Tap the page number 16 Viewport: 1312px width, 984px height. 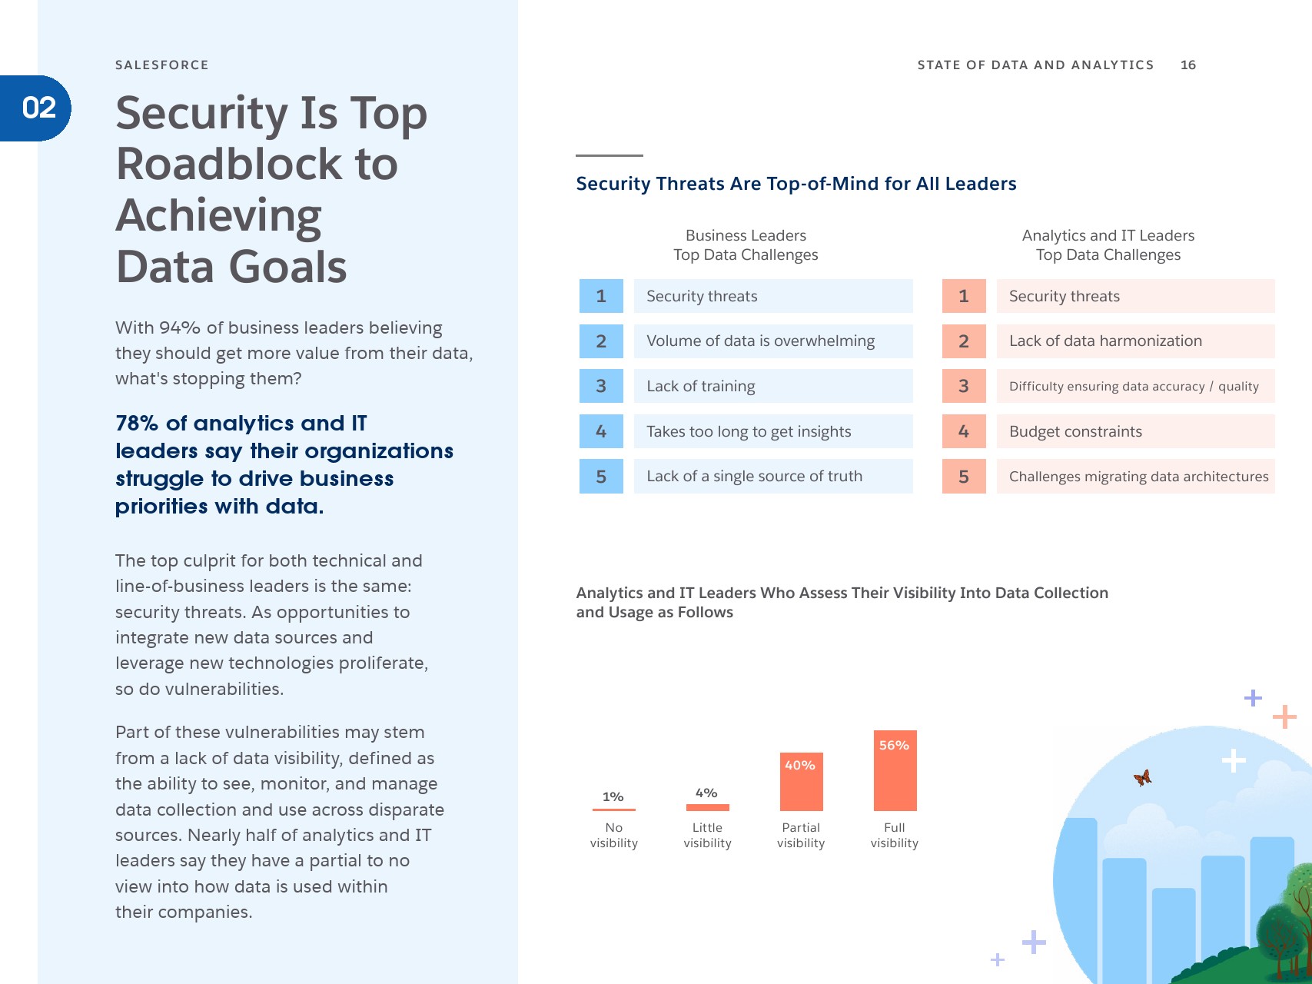(1187, 65)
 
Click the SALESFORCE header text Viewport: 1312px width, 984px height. (161, 65)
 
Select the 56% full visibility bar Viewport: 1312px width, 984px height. (895, 770)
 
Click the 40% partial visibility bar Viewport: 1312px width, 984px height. (801, 781)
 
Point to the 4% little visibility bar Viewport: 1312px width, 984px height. (707, 807)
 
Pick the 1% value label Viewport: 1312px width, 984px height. (613, 797)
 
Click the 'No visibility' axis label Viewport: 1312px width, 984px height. (613, 835)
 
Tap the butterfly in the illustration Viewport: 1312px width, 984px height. (1143, 778)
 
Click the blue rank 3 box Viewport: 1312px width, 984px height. (601, 386)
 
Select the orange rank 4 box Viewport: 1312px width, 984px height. (964, 431)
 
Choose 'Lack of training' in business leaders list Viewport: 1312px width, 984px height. (700, 386)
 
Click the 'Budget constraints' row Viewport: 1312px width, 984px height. (1075, 431)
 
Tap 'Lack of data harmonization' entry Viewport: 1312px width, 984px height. (1105, 341)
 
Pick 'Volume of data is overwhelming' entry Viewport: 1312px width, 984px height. (760, 341)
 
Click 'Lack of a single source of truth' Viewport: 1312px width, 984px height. (754, 477)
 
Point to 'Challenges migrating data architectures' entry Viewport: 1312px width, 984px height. (1138, 477)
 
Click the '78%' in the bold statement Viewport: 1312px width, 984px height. (137, 424)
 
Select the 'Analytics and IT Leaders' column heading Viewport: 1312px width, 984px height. (1108, 236)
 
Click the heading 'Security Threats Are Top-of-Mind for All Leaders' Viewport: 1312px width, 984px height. (796, 184)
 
